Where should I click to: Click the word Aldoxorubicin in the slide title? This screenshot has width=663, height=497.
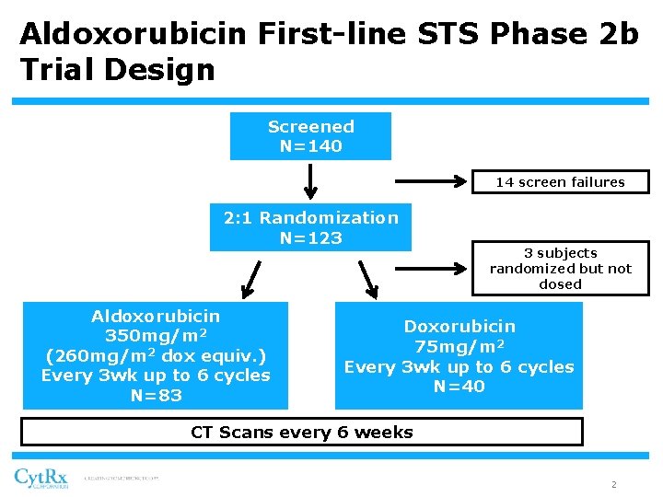(133, 34)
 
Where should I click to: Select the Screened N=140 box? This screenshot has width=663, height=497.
(310, 136)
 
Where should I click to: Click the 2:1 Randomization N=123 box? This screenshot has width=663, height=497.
(310, 227)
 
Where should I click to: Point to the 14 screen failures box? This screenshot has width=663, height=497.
(560, 182)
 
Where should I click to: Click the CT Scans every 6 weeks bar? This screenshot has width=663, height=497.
(302, 432)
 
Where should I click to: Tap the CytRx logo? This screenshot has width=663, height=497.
(41, 479)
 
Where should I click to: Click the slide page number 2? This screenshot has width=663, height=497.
(613, 484)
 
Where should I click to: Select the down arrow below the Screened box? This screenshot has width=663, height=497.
(311, 181)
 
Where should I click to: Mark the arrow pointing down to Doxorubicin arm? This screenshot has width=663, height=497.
(368, 280)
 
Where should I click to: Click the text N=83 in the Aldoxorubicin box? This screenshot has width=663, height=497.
(156, 396)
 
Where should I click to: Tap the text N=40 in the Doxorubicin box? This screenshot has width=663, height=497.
(459, 387)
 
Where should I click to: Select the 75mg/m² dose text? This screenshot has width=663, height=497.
(459, 347)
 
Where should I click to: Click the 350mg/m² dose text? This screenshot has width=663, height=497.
(156, 336)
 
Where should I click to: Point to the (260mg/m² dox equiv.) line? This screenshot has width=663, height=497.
(156, 356)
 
